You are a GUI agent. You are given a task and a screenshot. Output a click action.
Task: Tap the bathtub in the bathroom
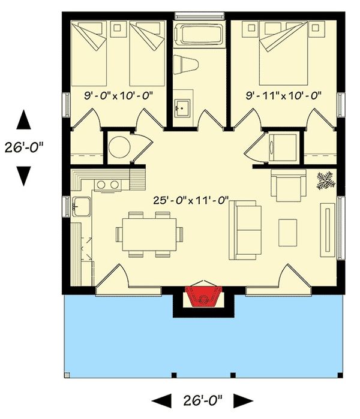[199, 34]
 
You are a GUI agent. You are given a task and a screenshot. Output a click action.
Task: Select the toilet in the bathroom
[185, 64]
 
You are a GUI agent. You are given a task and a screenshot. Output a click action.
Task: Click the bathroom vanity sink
[182, 108]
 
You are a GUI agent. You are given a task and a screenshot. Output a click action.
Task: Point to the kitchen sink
[82, 206]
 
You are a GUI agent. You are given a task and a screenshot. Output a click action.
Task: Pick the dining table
[149, 234]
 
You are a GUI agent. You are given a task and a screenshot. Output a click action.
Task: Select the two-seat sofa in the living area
[245, 230]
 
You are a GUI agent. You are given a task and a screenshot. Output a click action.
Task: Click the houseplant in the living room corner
[326, 180]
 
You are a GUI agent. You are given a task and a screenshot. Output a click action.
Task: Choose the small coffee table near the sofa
[287, 233]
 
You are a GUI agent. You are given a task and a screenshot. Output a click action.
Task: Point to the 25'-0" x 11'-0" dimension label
[191, 200]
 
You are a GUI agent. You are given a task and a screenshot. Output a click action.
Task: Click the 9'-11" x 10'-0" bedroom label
[284, 95]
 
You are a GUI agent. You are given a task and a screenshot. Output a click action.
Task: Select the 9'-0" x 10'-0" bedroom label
[118, 95]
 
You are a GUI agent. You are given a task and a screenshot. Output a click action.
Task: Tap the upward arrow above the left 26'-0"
[23, 119]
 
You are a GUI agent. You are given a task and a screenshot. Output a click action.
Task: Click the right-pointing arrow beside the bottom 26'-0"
[244, 401]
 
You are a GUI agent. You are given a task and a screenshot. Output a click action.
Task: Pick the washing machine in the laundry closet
[283, 147]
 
